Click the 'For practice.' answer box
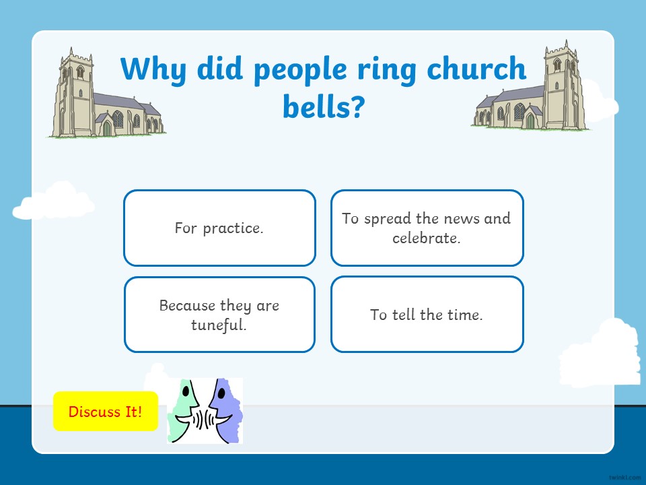pos(219,228)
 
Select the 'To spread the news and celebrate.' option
pos(427,228)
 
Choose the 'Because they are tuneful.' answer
pos(219,315)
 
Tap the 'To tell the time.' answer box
pos(427,315)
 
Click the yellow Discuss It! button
pos(106,411)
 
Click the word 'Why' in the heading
pos(153,69)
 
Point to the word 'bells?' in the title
pos(324,106)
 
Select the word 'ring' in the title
pos(386,70)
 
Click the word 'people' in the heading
pos(300,70)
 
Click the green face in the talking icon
pos(186,410)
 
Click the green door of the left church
pos(107,128)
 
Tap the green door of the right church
pos(530,121)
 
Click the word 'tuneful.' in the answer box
pos(219,325)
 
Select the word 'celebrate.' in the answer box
pos(427,238)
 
